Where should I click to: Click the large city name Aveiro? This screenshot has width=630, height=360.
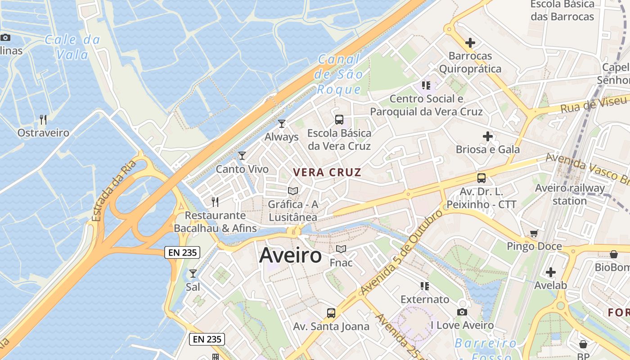point(291,256)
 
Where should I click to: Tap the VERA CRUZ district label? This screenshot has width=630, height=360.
point(327,172)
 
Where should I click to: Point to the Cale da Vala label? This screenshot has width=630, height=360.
point(72,47)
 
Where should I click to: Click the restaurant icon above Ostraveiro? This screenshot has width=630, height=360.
point(43,120)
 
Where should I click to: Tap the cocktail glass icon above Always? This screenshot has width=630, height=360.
point(282,124)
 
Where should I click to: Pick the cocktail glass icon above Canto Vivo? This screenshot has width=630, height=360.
point(242,156)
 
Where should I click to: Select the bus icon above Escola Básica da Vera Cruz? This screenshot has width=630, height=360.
point(339,120)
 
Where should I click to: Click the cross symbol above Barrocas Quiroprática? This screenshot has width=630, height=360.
point(470,43)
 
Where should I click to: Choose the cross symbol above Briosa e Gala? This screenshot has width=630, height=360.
point(488,136)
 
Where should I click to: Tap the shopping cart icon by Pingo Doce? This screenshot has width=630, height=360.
point(534,233)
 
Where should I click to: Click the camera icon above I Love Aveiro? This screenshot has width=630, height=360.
point(462,312)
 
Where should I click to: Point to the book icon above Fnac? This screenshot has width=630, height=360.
point(341,249)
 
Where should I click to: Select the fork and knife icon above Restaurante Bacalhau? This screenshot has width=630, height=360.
point(215,202)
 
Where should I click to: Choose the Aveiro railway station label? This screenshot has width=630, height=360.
point(570,194)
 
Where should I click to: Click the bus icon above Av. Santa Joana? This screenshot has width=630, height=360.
point(331,313)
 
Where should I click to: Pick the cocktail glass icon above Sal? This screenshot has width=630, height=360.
point(193,273)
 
